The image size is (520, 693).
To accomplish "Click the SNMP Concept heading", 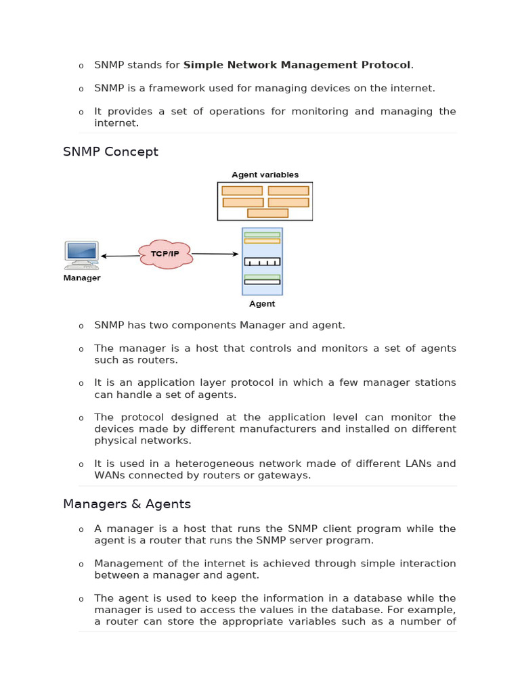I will coord(110,152).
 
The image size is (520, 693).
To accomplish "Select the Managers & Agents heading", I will coord(127,504).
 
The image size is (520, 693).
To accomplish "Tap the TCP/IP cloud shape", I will coord(165,254).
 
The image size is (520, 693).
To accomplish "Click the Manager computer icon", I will coord(82,255).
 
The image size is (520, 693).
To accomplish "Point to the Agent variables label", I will coord(265,175).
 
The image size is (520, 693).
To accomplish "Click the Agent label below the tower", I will coord(262,304).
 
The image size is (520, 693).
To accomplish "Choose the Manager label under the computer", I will coord(82,277).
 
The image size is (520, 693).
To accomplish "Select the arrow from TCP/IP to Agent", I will coord(215,254).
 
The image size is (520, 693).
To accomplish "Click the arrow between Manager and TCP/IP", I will coord(120,256).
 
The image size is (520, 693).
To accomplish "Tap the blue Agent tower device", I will coord(262,261).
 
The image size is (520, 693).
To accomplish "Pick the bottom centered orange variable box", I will coord(267,213).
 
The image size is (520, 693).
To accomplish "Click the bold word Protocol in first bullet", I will coord(387,65).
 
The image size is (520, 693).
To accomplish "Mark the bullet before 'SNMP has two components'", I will coord(81,326).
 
